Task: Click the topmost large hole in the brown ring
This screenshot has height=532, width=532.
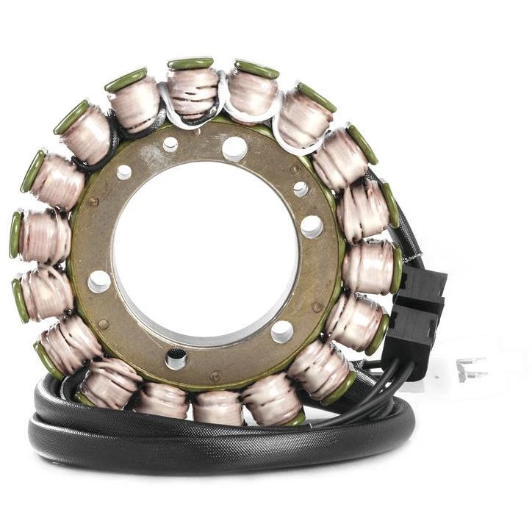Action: (234, 148)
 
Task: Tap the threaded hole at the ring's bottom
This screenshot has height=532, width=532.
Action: (176, 359)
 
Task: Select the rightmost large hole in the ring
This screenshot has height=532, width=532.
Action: (311, 226)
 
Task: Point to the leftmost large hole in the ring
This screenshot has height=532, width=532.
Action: (99, 281)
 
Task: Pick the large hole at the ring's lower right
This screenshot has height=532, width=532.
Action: (281, 331)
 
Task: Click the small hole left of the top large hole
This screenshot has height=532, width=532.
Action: (170, 144)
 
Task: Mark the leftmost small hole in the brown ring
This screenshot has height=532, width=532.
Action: (124, 172)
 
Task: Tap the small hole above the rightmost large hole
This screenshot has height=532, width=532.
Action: (301, 189)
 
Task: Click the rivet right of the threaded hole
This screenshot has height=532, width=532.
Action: (215, 376)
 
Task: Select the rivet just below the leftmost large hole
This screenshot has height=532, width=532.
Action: (103, 323)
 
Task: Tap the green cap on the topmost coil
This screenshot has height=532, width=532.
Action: (190, 63)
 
